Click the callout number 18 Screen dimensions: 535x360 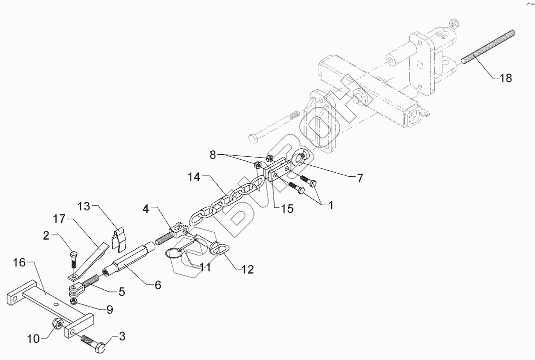pos(505,79)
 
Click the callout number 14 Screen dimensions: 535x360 pos(195,177)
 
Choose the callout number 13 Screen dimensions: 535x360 pos(85,207)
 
